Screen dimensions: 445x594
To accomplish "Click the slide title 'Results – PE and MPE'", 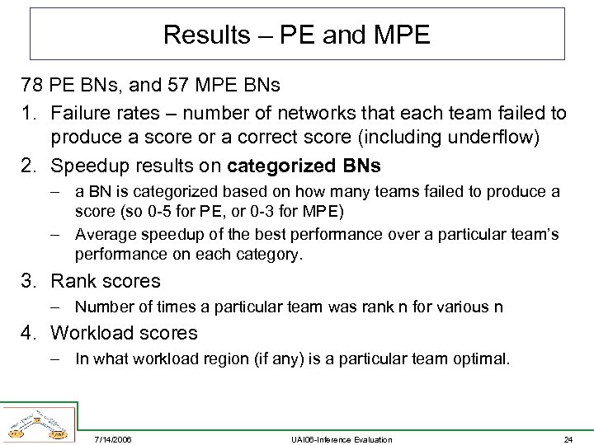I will coord(297,35).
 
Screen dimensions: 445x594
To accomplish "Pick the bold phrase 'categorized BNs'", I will coord(304,166).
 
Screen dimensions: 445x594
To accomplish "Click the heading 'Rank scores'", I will coord(106,281).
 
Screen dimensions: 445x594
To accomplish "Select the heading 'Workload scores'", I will coord(125,333).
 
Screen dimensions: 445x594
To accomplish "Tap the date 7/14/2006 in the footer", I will coord(115,439).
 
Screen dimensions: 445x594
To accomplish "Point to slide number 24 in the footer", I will coord(567,439).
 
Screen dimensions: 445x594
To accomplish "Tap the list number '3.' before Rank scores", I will coord(31,281).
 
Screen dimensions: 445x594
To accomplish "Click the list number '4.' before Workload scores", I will coord(31,333).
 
